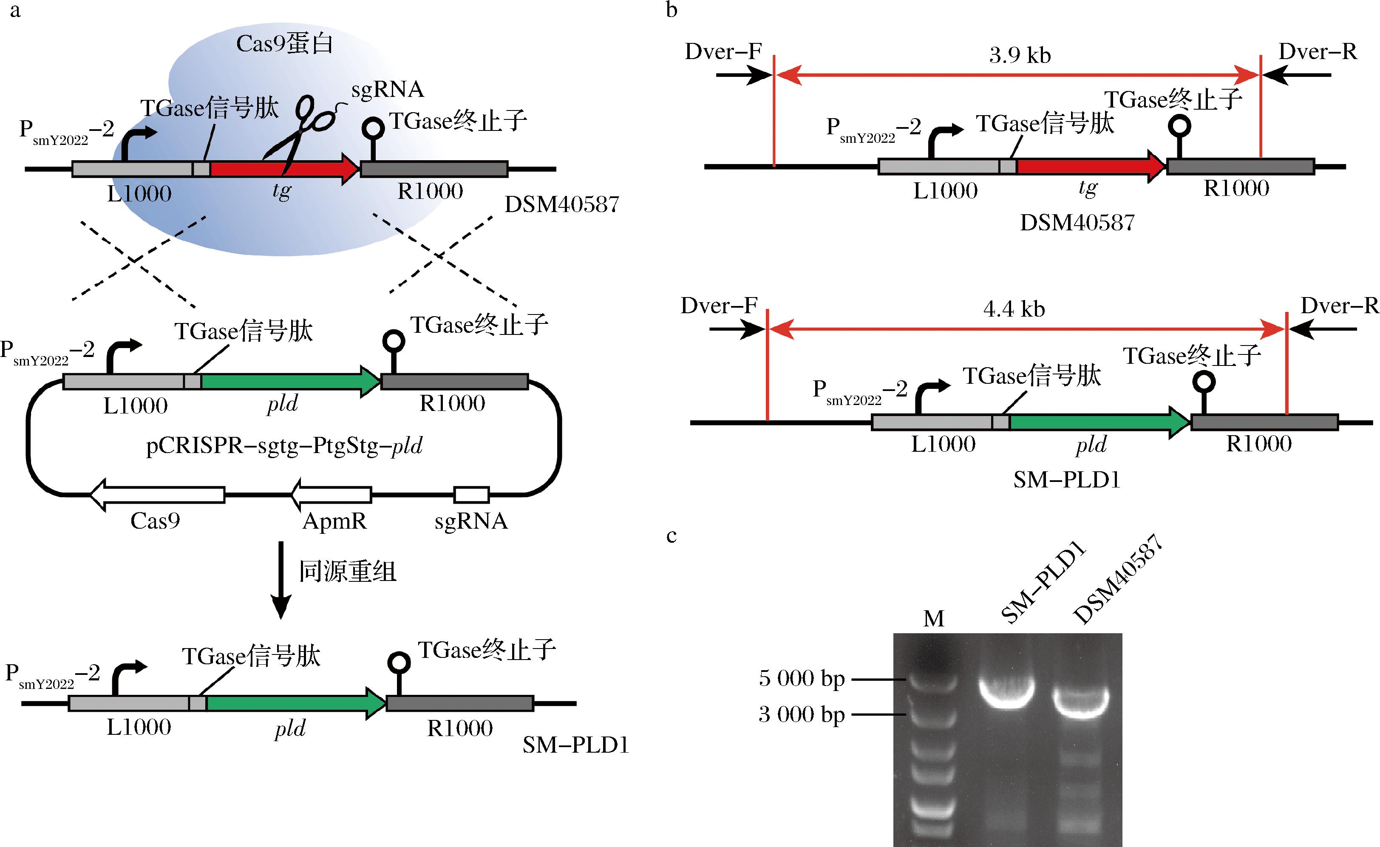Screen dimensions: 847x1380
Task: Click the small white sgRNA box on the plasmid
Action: click(471, 495)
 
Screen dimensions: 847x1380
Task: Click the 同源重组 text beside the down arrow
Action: click(347, 571)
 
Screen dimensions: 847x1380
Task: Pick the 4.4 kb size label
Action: click(1014, 309)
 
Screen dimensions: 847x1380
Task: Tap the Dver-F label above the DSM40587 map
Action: click(723, 51)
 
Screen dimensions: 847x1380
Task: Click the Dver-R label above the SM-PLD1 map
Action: click(1338, 306)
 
